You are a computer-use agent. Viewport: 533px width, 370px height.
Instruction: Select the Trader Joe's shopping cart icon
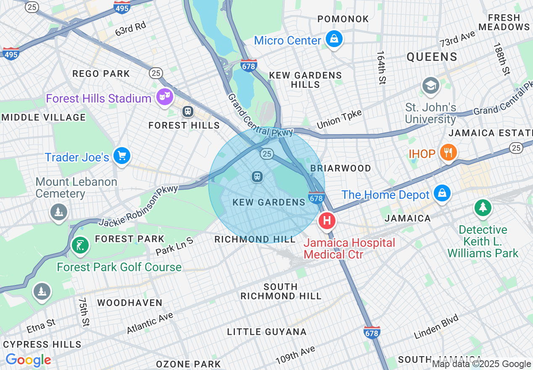[122, 156]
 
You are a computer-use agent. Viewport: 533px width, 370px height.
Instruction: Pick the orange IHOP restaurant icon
[449, 152]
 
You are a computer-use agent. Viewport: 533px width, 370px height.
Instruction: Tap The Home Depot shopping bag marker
[442, 193]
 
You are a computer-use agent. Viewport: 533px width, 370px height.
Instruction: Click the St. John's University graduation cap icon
[430, 86]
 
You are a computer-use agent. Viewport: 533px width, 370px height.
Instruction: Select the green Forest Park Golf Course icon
[80, 245]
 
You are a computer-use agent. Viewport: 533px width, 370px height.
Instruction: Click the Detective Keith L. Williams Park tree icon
[483, 207]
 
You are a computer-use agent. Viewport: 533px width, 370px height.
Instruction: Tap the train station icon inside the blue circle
[257, 177]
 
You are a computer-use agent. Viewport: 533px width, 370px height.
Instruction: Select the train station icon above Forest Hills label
[187, 111]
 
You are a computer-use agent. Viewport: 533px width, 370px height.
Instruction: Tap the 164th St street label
[381, 68]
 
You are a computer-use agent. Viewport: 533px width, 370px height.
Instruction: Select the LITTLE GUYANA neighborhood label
[267, 332]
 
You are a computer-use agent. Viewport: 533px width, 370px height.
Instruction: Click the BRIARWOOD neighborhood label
[340, 168]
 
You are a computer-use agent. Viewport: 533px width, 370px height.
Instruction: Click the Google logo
[28, 360]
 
